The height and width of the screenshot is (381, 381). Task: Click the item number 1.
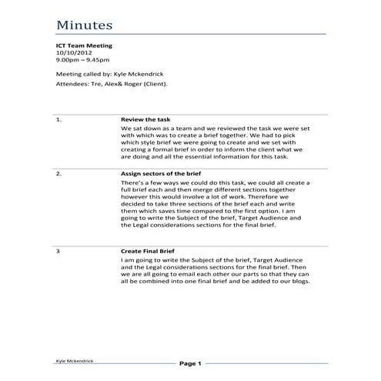(59, 119)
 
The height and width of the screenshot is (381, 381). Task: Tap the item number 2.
(59, 174)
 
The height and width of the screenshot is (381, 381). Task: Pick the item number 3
(58, 251)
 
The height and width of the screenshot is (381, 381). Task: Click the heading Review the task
(146, 119)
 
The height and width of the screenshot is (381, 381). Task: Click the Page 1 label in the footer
(189, 363)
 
